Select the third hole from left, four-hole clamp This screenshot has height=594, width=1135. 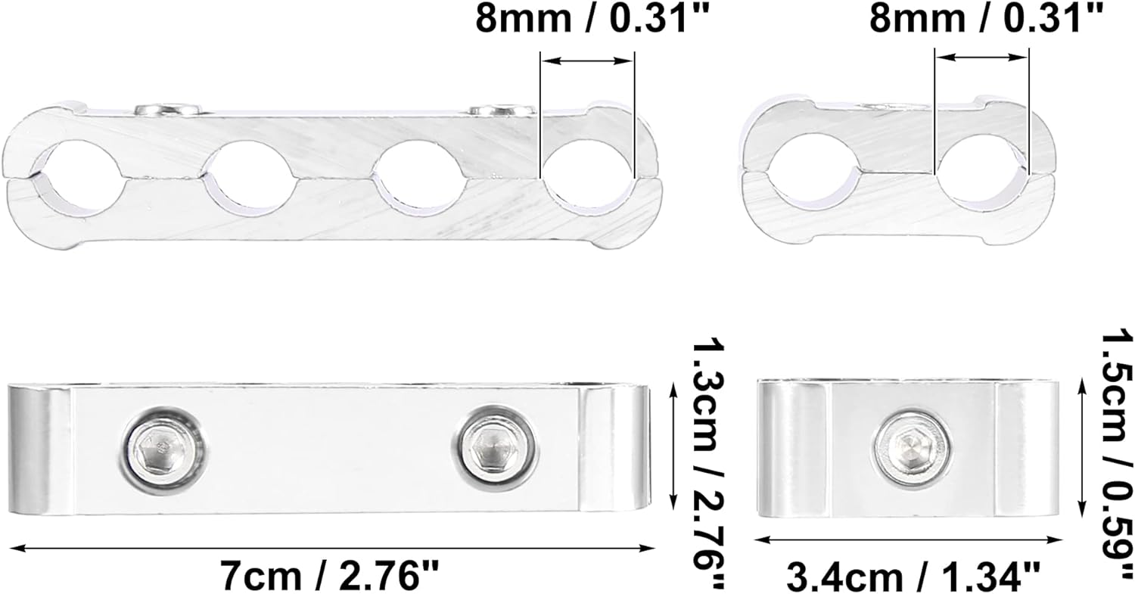(x=418, y=178)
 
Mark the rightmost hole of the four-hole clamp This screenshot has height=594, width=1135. (x=586, y=178)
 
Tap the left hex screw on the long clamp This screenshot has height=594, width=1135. (x=162, y=454)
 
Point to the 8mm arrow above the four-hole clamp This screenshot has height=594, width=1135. (x=586, y=61)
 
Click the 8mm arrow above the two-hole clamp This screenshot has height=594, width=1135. (x=981, y=57)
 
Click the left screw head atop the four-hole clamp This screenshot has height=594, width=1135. (x=168, y=110)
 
